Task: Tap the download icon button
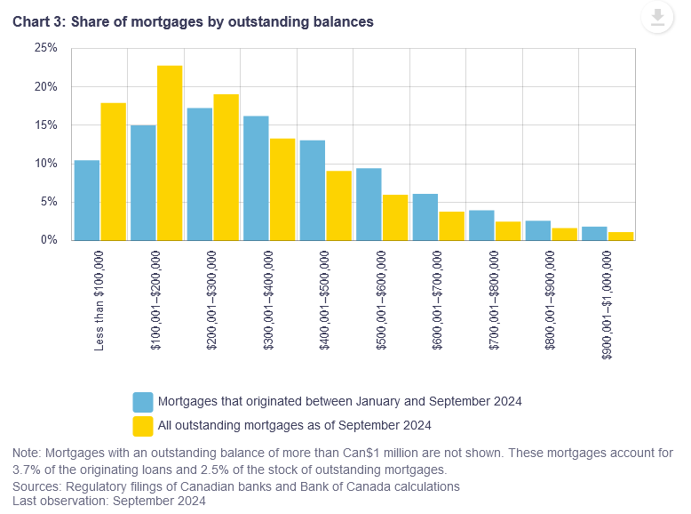[x=657, y=18]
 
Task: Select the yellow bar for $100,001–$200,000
[x=170, y=153]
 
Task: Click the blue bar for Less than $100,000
[x=87, y=200]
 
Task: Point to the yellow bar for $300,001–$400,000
[x=282, y=189]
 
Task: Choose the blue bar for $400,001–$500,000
[x=312, y=190]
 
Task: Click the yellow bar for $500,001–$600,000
[x=395, y=217]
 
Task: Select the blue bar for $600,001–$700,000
[x=425, y=217]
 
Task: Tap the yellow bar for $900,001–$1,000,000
[x=621, y=236]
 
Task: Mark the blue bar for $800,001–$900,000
[x=537, y=230]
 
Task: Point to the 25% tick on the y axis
[x=46, y=48]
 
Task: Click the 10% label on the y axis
[x=46, y=164]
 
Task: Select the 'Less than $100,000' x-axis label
[x=99, y=299]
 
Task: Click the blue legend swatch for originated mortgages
[x=142, y=401]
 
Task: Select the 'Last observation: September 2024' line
[x=109, y=501]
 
